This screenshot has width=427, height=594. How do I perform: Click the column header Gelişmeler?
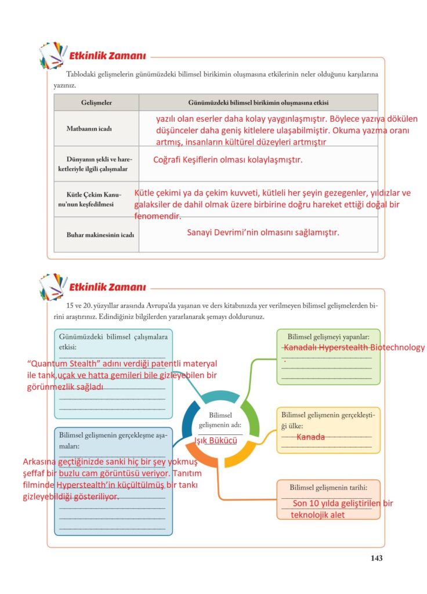coord(96,103)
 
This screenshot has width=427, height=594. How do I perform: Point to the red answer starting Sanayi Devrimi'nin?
coord(262,232)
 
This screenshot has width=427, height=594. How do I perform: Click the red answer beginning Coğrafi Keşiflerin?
coord(227,160)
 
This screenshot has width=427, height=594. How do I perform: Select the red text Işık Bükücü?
coord(215,441)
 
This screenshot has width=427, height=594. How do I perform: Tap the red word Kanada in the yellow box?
coord(310,437)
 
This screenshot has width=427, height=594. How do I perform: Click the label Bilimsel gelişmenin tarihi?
coord(328,487)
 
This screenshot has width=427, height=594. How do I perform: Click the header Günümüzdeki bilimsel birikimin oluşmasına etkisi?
coord(258,103)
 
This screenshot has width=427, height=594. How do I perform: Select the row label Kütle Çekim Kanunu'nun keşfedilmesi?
coord(95,199)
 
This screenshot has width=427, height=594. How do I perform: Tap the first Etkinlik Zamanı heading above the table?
coord(107,56)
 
